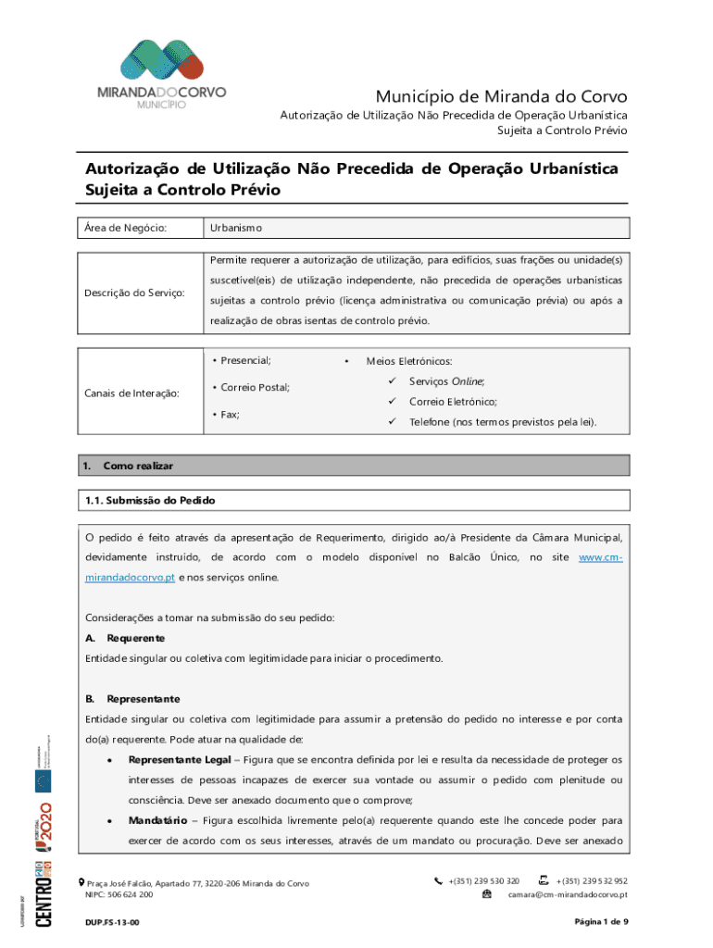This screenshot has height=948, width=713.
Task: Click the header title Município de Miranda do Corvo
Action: pyautogui.click(x=501, y=96)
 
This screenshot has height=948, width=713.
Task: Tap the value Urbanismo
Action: pyautogui.click(x=236, y=228)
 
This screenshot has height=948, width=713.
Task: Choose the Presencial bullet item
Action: pyautogui.click(x=245, y=360)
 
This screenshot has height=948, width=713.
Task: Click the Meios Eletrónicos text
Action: pyautogui.click(x=408, y=362)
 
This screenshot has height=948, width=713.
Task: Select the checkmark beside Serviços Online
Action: pyautogui.click(x=393, y=381)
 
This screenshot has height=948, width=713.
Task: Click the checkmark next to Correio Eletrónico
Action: pyautogui.click(x=393, y=402)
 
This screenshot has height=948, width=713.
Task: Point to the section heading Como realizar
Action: pyautogui.click(x=138, y=466)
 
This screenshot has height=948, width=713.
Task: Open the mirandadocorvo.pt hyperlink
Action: pyautogui.click(x=130, y=578)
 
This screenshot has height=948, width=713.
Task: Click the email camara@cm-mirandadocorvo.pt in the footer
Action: pyautogui.click(x=568, y=895)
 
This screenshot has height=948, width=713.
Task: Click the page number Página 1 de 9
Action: pyautogui.click(x=601, y=922)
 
